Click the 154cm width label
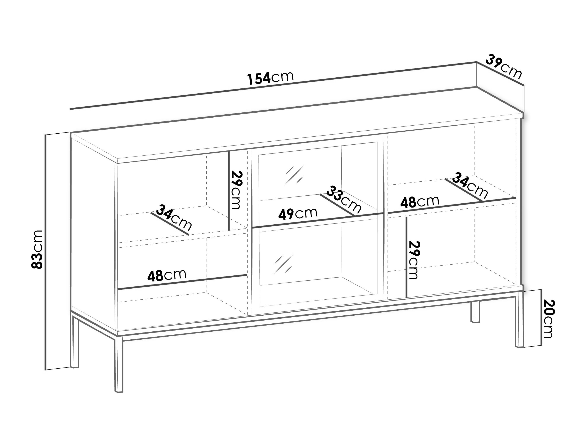(x=270, y=77)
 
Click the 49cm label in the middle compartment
(x=298, y=213)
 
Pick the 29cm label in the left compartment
(x=236, y=190)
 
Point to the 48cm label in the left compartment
(x=167, y=275)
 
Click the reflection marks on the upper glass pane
(x=294, y=175)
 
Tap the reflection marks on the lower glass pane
(x=283, y=264)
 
